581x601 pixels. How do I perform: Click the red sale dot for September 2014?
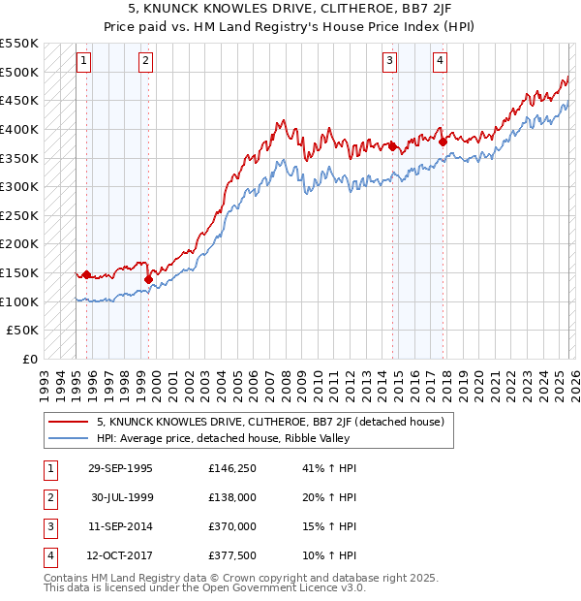click(393, 146)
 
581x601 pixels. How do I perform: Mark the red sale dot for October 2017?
click(443, 142)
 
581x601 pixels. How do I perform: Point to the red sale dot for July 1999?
click(149, 279)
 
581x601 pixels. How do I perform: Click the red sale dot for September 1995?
click(87, 274)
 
